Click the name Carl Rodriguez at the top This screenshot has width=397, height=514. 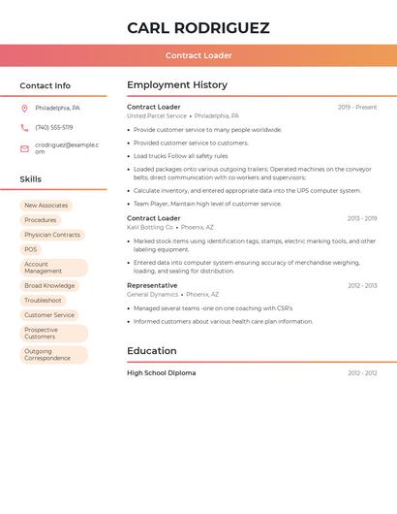tap(198, 28)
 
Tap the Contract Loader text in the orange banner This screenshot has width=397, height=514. tap(198, 55)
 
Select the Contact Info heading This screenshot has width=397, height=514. tap(46, 85)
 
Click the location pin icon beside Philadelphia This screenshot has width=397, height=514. tap(25, 108)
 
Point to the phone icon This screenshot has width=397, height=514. tap(25, 127)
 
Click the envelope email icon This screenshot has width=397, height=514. tap(25, 147)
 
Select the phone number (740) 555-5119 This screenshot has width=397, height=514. tap(54, 127)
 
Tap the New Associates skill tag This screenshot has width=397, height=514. tap(46, 206)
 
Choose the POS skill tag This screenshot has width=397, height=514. tap(31, 249)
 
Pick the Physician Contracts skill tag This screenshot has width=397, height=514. tap(52, 235)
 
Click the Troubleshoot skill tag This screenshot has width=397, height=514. tap(43, 301)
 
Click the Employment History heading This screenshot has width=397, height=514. tap(177, 85)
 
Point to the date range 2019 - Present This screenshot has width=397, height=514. tap(357, 107)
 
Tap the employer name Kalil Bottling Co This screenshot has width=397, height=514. tap(150, 227)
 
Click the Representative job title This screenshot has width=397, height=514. tap(152, 285)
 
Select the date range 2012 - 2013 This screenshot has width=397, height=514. tap(362, 286)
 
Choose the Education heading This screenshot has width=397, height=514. tap(152, 351)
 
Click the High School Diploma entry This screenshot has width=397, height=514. tap(161, 372)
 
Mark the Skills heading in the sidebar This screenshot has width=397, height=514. tap(31, 179)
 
